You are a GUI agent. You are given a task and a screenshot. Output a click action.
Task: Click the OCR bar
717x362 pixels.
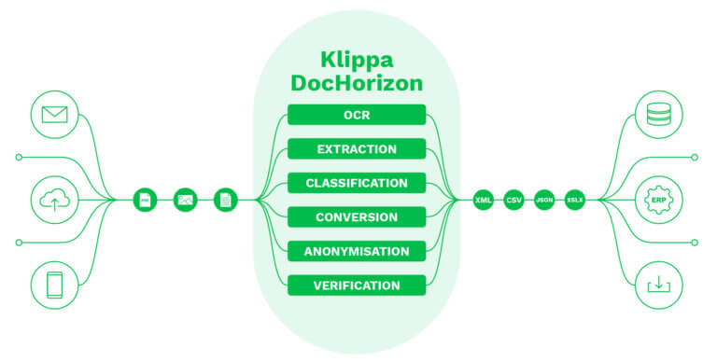(x=357, y=115)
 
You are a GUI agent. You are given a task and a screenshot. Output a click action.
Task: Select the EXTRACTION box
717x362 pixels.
(x=357, y=149)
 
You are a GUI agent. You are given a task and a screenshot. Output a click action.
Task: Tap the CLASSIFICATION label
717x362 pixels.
(x=357, y=183)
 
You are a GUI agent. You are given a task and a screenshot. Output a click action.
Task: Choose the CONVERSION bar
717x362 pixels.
(x=357, y=217)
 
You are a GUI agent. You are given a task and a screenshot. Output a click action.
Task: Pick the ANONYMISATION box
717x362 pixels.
(x=357, y=251)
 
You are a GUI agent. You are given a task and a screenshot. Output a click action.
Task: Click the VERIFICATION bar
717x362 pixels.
(x=357, y=285)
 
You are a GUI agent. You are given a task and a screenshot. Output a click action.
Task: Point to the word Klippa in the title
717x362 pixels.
(x=357, y=57)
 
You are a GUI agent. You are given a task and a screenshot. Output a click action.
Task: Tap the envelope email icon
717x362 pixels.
(x=54, y=116)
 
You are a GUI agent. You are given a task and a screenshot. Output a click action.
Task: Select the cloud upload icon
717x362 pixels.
(x=54, y=200)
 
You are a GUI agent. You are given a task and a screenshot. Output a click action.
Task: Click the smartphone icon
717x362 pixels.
(x=54, y=284)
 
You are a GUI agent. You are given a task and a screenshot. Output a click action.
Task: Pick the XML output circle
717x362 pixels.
(x=483, y=200)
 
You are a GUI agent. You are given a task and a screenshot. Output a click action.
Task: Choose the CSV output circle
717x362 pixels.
(x=513, y=200)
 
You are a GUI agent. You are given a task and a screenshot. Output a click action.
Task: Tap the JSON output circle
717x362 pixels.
(x=544, y=200)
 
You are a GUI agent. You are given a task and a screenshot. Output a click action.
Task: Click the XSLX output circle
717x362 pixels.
(x=574, y=200)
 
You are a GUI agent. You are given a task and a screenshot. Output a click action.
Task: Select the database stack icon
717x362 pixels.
(x=659, y=116)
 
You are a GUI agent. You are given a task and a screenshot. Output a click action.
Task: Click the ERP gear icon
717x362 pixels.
(x=659, y=200)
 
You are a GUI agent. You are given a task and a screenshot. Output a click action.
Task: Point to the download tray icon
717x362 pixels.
(x=659, y=284)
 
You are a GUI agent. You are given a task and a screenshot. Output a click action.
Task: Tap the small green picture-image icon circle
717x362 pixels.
(x=185, y=200)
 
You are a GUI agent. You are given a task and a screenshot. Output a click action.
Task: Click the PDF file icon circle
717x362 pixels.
(x=146, y=200)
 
